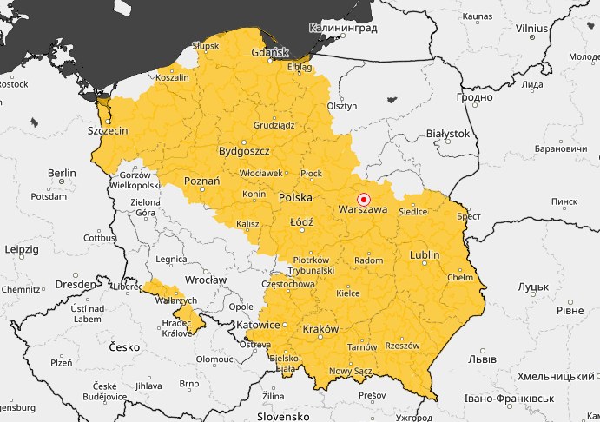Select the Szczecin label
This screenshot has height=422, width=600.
point(108,130)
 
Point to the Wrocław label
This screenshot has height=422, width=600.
point(206,280)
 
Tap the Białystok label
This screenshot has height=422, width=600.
point(448,134)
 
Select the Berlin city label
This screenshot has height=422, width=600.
point(62,173)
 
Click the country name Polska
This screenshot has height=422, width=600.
point(295,198)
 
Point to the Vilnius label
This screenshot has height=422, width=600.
point(531,28)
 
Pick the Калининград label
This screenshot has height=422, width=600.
point(343,28)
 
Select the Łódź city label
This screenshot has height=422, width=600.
point(301,221)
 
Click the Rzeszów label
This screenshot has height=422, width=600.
point(401,345)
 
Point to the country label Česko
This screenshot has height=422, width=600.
point(124,346)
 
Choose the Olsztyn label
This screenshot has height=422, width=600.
point(342,105)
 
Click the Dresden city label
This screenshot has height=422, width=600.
point(74,284)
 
